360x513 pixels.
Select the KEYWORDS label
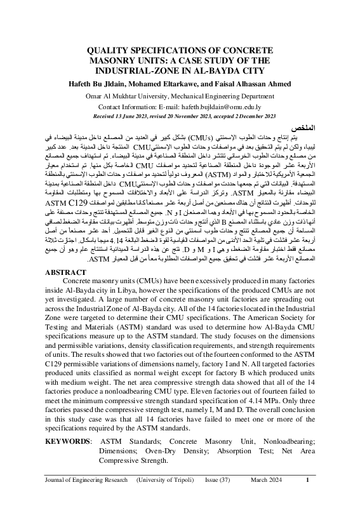[68, 440]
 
